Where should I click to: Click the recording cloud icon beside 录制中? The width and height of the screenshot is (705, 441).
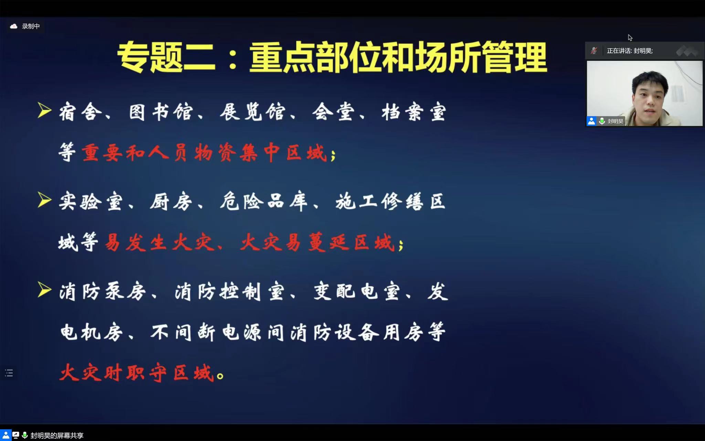pos(14,26)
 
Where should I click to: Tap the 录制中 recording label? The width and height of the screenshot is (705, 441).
pos(31,26)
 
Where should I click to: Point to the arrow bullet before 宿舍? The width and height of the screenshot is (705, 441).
pos(44,111)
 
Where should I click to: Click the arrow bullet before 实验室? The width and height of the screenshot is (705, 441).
pos(44,200)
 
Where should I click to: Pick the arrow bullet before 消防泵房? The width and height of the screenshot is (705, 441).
pos(44,289)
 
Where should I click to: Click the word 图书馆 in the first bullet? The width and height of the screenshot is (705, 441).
pos(161,112)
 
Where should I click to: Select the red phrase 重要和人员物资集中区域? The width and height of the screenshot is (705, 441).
pos(204,153)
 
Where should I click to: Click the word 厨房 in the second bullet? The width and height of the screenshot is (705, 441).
pos(171,202)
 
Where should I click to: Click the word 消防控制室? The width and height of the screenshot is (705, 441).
pos(230,292)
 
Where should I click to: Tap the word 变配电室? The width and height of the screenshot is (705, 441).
pos(357,292)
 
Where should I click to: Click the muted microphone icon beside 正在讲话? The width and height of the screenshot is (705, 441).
pos(594,51)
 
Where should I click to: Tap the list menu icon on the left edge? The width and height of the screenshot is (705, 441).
pos(9,373)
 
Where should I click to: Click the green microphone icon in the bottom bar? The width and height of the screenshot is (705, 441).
pos(24,435)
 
